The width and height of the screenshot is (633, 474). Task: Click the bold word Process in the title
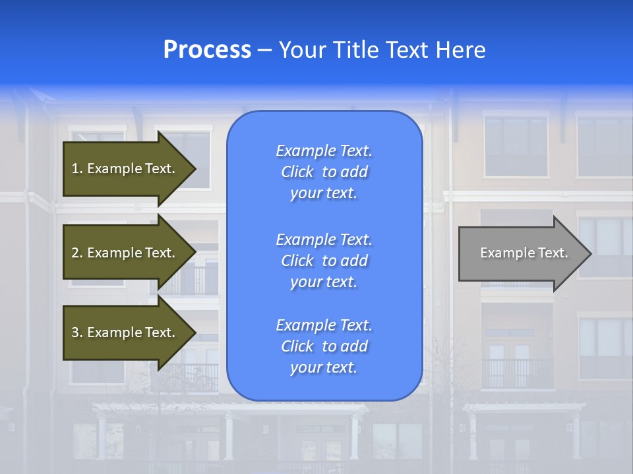click(x=207, y=50)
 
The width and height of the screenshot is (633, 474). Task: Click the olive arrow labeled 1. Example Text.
click(x=125, y=169)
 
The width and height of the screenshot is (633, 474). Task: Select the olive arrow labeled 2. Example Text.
click(x=125, y=253)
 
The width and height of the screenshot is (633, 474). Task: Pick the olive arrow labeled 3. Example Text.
click(x=125, y=332)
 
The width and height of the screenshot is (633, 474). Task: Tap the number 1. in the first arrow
click(x=77, y=169)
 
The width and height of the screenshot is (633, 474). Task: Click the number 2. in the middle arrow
click(x=77, y=253)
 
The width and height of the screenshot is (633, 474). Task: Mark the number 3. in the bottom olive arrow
click(x=77, y=332)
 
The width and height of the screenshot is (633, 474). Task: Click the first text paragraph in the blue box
click(x=324, y=172)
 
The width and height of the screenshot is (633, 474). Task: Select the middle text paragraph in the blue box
click(x=324, y=261)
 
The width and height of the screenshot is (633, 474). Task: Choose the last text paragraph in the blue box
click(x=324, y=346)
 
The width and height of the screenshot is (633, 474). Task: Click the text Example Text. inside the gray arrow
click(x=524, y=253)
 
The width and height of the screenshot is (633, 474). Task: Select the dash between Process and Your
click(x=264, y=50)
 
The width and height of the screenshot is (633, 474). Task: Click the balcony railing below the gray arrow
click(x=518, y=374)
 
